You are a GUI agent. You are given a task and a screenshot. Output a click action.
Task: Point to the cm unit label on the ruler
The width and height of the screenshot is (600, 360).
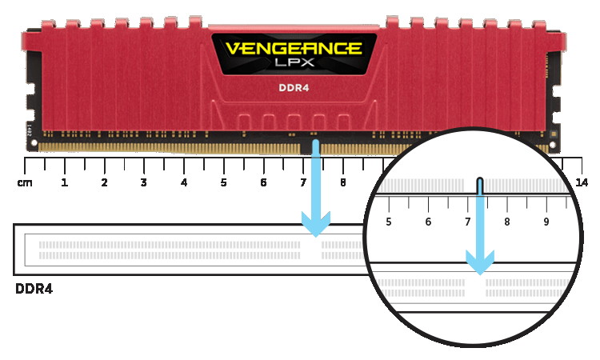pyautogui.click(x=24, y=183)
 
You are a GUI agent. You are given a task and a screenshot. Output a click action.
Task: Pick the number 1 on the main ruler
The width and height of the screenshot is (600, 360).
pyautogui.click(x=64, y=183)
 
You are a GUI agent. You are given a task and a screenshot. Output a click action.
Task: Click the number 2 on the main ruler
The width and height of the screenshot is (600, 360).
pyautogui.click(x=104, y=183)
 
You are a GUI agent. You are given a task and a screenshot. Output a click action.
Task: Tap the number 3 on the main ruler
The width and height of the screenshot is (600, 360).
pyautogui.click(x=144, y=183)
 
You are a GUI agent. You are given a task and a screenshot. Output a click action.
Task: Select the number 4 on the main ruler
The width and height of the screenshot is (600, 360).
pyautogui.click(x=184, y=183)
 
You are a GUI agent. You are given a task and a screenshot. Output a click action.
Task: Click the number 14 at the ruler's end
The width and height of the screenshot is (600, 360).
pyautogui.click(x=582, y=183)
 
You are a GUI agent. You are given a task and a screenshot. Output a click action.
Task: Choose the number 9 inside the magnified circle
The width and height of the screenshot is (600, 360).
pyautogui.click(x=546, y=222)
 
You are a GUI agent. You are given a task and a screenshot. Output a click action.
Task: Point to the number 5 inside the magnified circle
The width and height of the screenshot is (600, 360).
pyautogui.click(x=389, y=222)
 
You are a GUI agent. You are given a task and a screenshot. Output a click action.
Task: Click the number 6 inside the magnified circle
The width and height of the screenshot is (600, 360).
pyautogui.click(x=429, y=222)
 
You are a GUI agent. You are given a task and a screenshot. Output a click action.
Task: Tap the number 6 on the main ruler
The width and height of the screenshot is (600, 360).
pyautogui.click(x=263, y=183)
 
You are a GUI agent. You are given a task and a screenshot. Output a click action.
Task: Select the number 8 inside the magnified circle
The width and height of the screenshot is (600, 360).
pyautogui.click(x=506, y=222)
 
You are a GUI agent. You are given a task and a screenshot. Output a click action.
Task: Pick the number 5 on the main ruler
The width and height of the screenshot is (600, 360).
pyautogui.click(x=223, y=183)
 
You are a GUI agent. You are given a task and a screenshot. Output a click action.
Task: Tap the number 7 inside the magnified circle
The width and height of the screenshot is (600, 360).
pyautogui.click(x=468, y=222)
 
